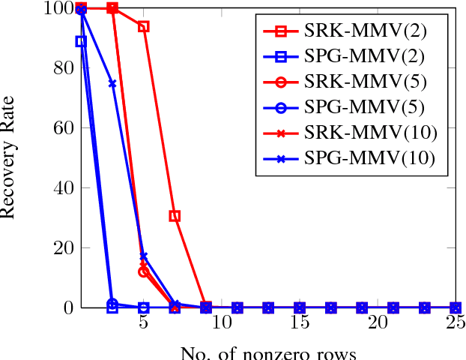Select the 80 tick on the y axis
pyautogui.click(x=59, y=68)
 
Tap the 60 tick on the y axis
pyautogui.click(x=59, y=128)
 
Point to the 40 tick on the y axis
pyautogui.click(x=59, y=188)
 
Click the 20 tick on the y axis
pyautogui.click(x=59, y=248)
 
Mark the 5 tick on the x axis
pyautogui.click(x=144, y=322)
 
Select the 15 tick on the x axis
pyautogui.click(x=300, y=322)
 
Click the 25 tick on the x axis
pyautogui.click(x=456, y=322)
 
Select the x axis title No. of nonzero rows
pyautogui.click(x=268, y=352)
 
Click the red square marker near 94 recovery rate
pyautogui.click(x=144, y=26)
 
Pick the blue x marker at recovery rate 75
pyautogui.click(x=112, y=83)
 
